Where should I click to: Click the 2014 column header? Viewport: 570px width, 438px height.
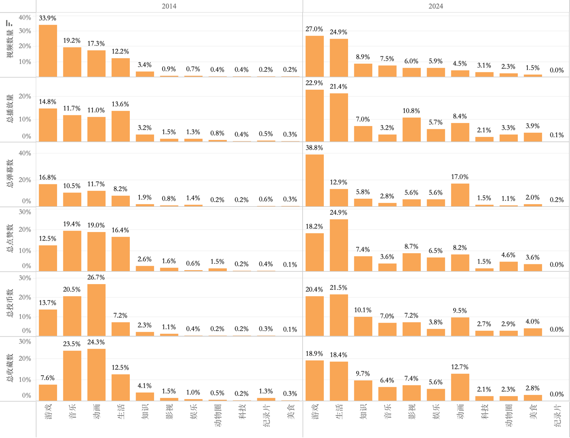[x=169, y=6]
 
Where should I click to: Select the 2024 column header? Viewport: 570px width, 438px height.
[x=436, y=6]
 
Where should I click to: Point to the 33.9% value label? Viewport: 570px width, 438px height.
[x=48, y=18]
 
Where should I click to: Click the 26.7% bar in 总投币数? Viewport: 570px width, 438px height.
[x=97, y=310]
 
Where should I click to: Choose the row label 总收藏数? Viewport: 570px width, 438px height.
[x=10, y=368]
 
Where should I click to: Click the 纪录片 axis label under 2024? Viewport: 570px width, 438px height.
[x=557, y=416]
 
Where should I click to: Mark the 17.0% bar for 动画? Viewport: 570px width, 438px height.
[x=460, y=195]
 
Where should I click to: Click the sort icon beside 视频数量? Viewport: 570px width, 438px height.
[x=9, y=23]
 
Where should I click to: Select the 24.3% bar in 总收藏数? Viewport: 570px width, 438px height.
[x=97, y=375]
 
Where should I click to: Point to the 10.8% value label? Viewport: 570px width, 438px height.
[x=411, y=111]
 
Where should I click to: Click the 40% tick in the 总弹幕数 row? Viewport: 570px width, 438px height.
[x=25, y=153]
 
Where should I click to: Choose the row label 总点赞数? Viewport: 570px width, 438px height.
[x=10, y=238]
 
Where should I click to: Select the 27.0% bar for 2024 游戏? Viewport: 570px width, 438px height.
[x=314, y=56]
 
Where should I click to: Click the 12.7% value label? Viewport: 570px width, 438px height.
[x=460, y=367]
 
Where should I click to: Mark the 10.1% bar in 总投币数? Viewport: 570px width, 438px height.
[x=363, y=326]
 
